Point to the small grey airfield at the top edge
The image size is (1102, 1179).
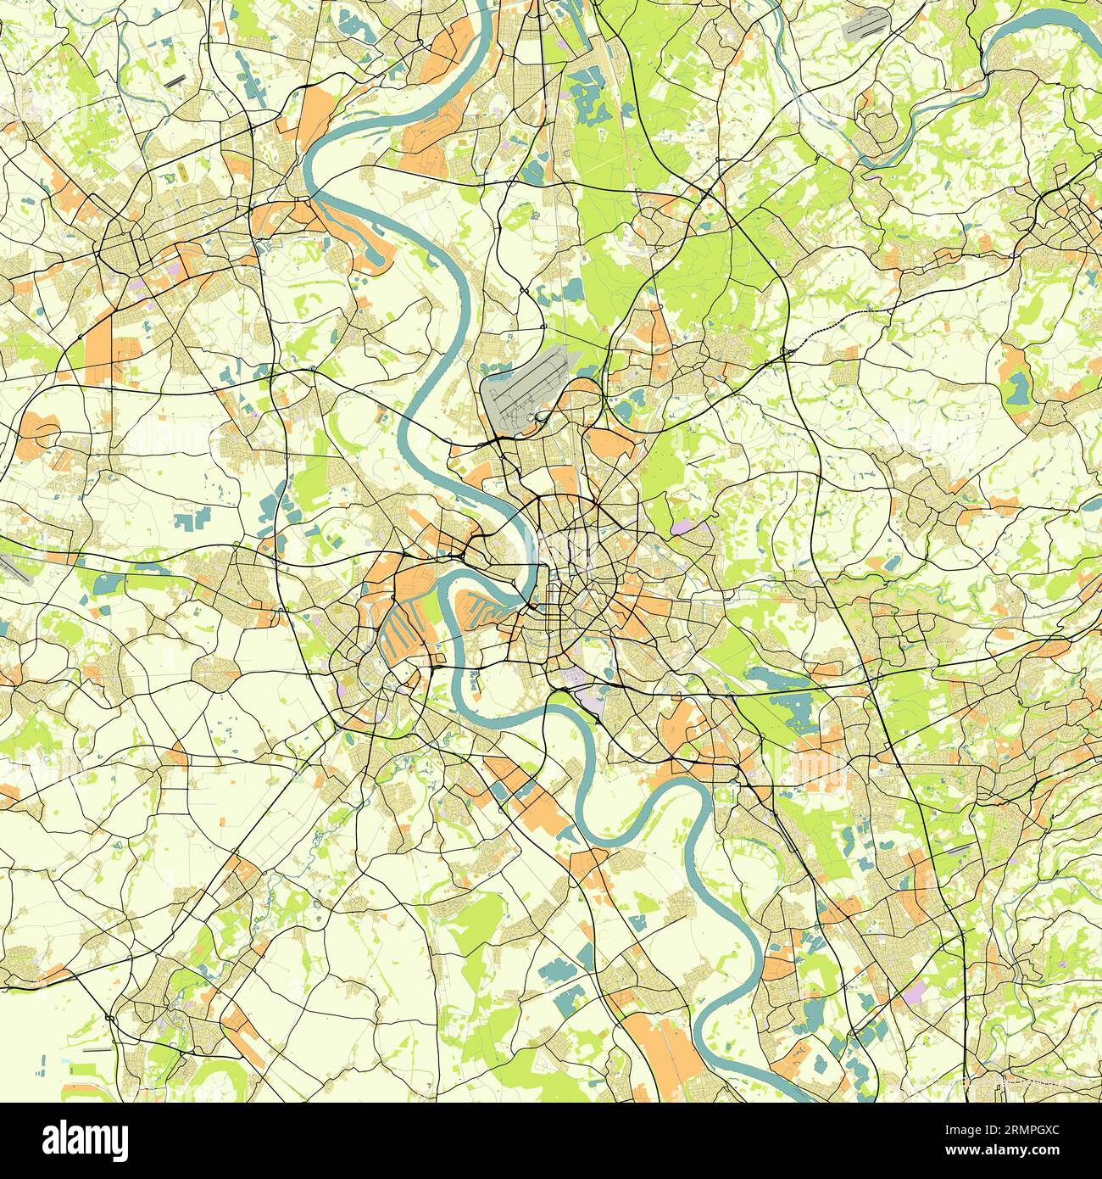(x=865, y=25)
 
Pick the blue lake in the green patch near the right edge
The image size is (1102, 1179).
(x=1016, y=388)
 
